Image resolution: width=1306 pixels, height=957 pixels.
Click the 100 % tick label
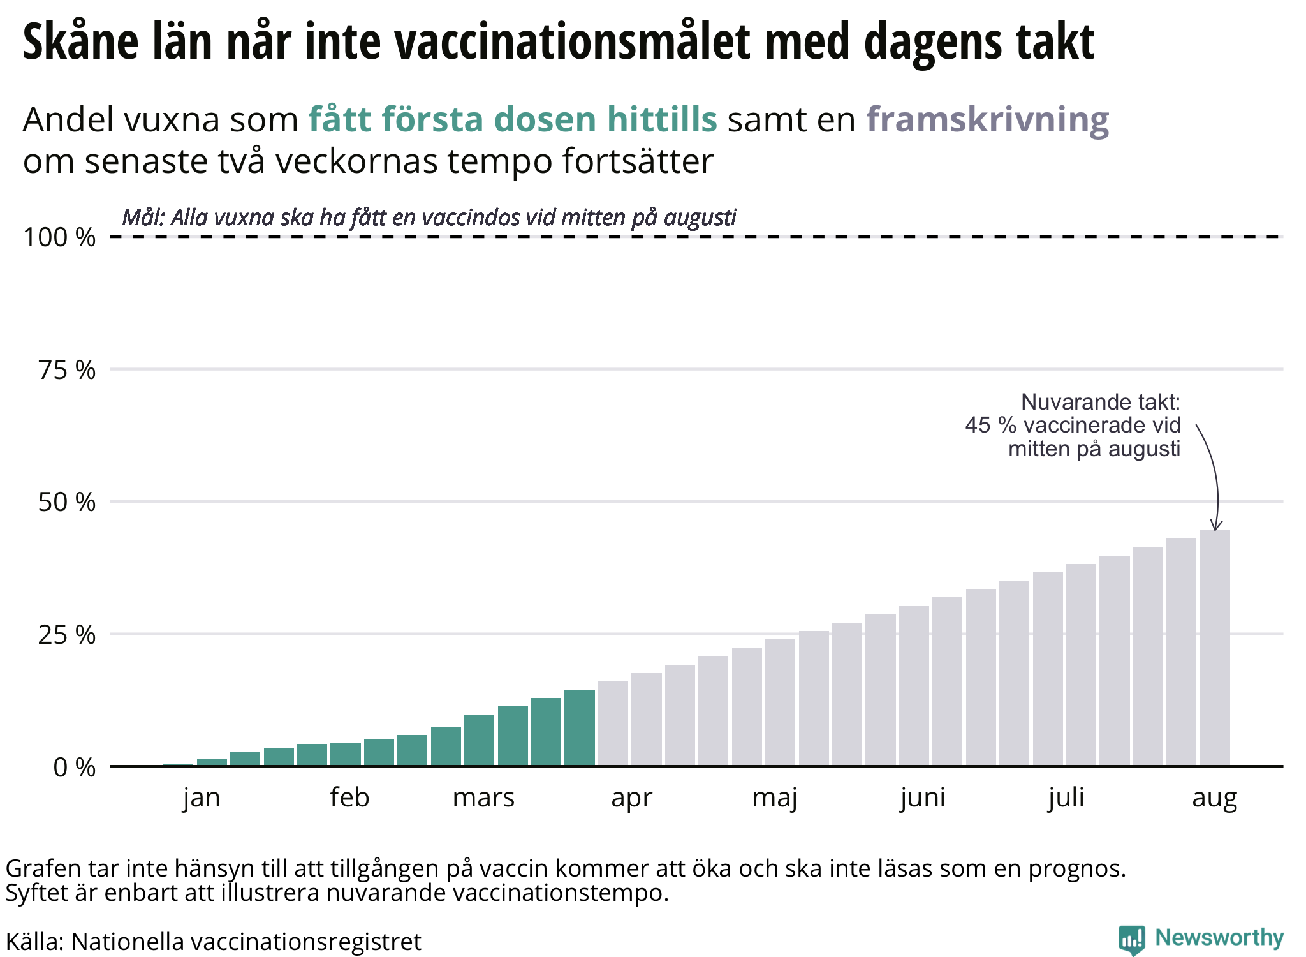tap(59, 238)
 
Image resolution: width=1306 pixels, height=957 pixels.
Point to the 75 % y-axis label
tap(67, 370)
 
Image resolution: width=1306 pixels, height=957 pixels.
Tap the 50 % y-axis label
tap(67, 503)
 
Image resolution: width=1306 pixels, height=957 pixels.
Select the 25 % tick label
tap(67, 635)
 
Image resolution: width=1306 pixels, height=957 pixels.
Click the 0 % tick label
tap(75, 768)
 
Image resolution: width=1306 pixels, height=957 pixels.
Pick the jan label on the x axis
tap(202, 798)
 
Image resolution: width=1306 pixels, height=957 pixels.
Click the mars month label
tap(483, 798)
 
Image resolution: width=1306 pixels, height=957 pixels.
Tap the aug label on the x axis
tap(1214, 798)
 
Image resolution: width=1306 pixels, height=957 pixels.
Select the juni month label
tap(923, 798)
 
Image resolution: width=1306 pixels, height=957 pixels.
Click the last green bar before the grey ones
tap(579, 728)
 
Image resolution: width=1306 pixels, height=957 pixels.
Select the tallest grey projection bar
tap(1215, 648)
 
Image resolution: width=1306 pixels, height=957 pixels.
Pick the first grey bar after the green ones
tap(613, 724)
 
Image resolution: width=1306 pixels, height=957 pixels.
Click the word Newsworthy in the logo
tap(1219, 937)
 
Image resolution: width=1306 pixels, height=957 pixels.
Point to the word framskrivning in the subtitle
tap(987, 119)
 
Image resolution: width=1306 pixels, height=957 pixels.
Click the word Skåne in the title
tap(80, 42)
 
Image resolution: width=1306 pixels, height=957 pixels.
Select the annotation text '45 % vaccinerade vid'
tap(1073, 425)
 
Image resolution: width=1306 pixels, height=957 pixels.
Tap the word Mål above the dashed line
tap(143, 218)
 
